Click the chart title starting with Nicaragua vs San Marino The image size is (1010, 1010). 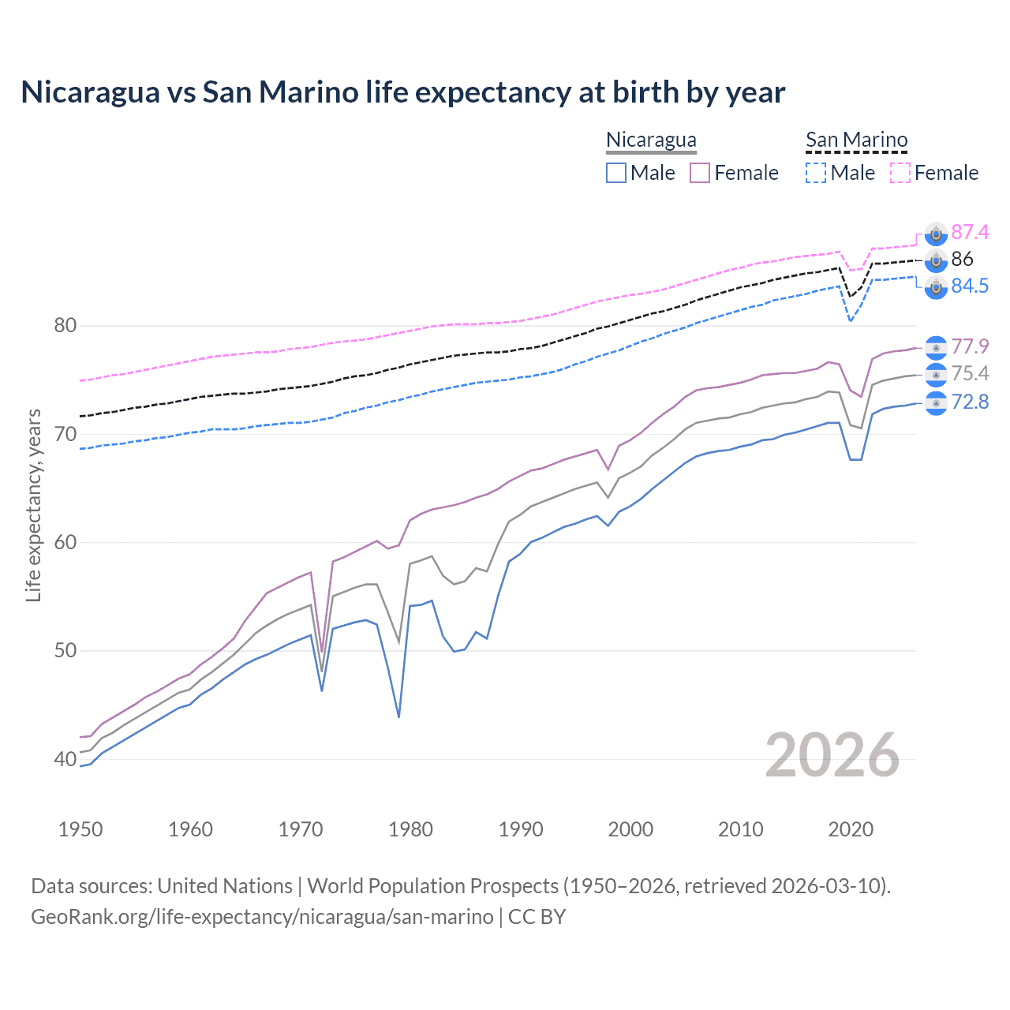[402, 92]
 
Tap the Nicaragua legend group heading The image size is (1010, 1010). [651, 140]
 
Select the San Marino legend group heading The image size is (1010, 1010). [856, 140]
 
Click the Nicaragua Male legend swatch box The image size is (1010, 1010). [616, 173]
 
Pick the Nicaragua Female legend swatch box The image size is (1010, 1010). [700, 173]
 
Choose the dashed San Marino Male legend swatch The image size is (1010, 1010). [816, 173]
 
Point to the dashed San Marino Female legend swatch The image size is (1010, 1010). [900, 173]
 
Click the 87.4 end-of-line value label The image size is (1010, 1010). [970, 232]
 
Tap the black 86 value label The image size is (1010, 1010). [962, 259]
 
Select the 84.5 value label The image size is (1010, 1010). [970, 286]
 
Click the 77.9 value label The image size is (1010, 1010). [970, 346]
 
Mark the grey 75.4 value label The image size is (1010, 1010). [970, 373]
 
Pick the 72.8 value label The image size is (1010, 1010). [970, 402]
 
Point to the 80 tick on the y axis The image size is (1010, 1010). [65, 325]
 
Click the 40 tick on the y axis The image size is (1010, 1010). [65, 759]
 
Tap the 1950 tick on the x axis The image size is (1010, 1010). [80, 829]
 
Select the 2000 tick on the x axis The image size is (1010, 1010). [630, 829]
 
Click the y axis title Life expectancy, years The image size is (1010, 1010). [34, 505]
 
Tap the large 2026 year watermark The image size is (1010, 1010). [832, 755]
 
